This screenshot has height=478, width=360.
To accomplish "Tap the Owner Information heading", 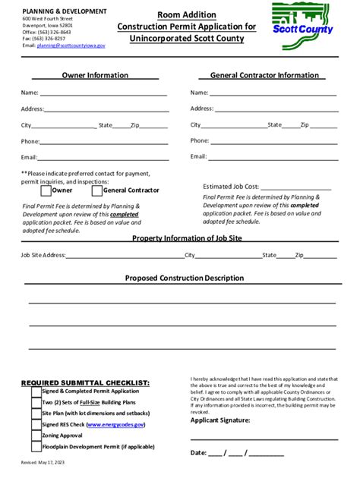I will click(95, 76).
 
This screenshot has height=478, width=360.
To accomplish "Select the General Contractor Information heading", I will click(264, 76).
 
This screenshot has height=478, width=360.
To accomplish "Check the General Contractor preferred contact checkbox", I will click(97, 190).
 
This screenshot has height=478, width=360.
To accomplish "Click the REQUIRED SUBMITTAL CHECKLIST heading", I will click(85, 382).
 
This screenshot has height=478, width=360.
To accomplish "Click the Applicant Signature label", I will click(219, 420).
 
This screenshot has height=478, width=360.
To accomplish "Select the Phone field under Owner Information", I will click(103, 142).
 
